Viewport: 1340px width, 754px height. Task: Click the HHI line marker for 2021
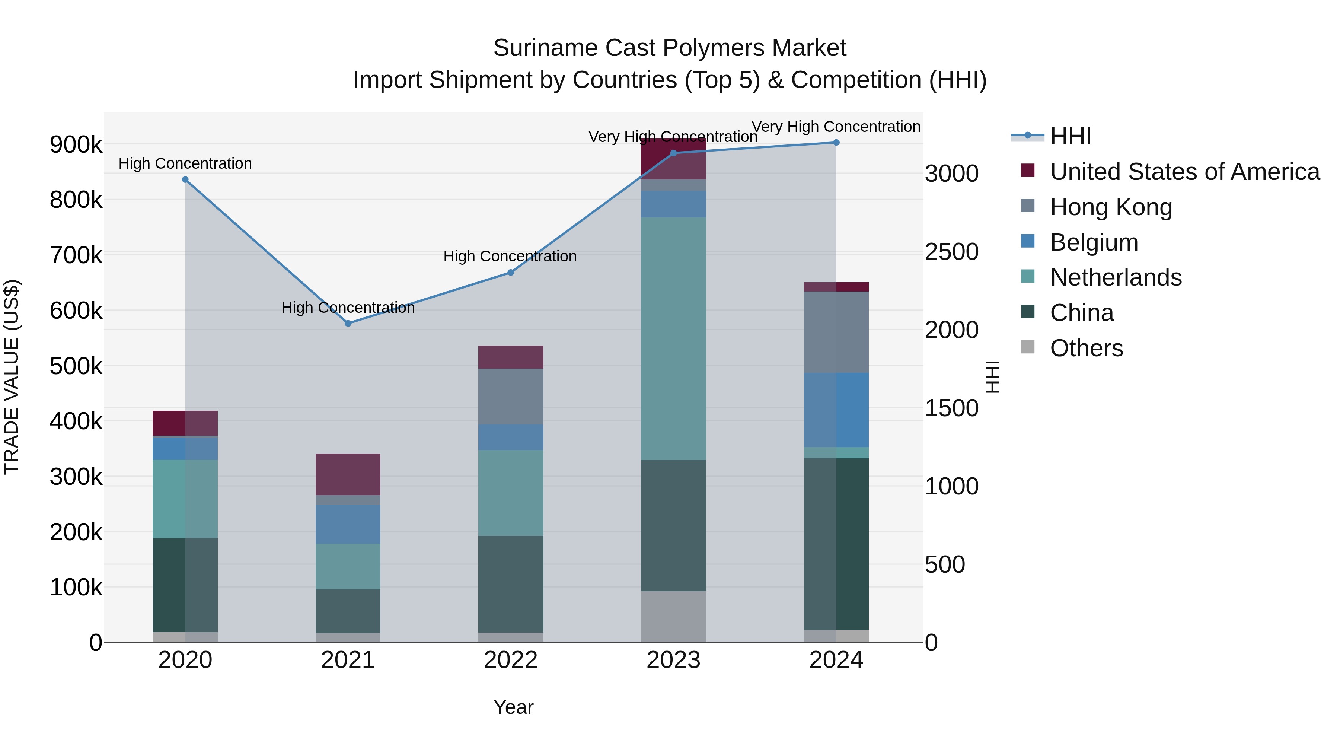point(348,323)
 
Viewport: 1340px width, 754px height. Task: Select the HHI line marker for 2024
point(836,142)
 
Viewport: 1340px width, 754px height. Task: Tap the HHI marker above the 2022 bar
point(510,272)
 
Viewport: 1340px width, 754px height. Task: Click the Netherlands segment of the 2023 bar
point(673,338)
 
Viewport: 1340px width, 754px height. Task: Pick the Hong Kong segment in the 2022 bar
point(510,397)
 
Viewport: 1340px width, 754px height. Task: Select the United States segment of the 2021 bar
point(348,474)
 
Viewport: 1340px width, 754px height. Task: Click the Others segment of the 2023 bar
point(673,616)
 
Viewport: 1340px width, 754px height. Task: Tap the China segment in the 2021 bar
point(348,611)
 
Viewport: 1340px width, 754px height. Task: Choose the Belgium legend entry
point(1094,242)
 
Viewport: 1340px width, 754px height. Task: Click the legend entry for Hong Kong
point(1111,207)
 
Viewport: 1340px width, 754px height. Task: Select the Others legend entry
point(1086,348)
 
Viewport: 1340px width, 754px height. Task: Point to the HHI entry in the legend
point(1070,136)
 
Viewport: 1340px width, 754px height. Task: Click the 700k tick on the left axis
point(76,255)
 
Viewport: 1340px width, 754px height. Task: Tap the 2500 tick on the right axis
point(951,252)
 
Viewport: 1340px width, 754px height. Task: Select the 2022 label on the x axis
point(510,660)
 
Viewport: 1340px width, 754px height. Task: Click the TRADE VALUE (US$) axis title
point(12,377)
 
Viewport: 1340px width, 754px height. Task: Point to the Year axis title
point(513,707)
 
